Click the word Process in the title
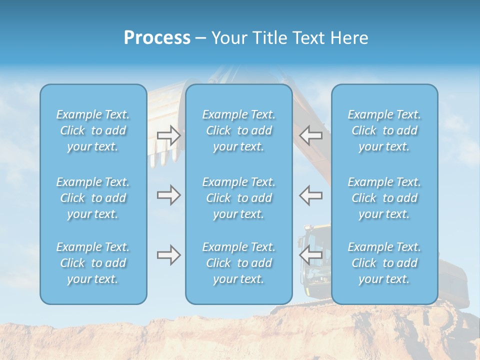157,38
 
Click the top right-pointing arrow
169,135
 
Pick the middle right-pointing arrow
169,195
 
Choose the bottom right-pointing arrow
169,255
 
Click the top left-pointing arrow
311,135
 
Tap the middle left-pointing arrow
311,195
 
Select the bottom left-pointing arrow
311,255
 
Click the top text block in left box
93,130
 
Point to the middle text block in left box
93,198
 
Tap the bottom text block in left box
93,263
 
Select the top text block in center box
239,130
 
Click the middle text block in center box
239,198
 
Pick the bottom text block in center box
239,263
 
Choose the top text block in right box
384,130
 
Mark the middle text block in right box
384,198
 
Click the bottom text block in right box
384,263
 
